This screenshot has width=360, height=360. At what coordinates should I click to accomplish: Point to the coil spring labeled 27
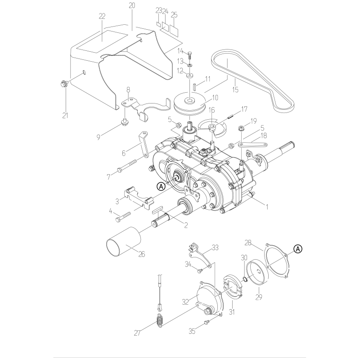pos(160,322)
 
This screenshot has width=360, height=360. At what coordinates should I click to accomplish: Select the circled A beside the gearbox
pos(161,185)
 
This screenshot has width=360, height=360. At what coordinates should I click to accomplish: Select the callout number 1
pos(266,207)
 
